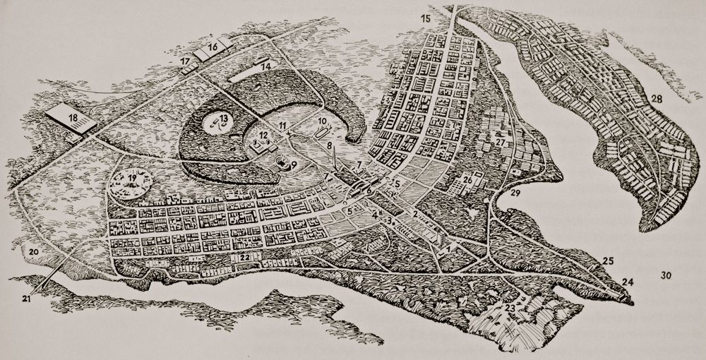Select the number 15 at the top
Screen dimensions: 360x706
(426, 18)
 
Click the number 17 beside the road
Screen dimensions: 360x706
(185, 63)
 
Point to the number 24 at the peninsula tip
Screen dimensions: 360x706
(627, 282)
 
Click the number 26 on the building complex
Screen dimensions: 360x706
(467, 180)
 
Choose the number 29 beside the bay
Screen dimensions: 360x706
(515, 193)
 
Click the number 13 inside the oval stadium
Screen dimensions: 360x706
(222, 118)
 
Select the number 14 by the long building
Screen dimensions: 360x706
(264, 65)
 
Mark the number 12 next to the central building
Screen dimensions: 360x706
(261, 134)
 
